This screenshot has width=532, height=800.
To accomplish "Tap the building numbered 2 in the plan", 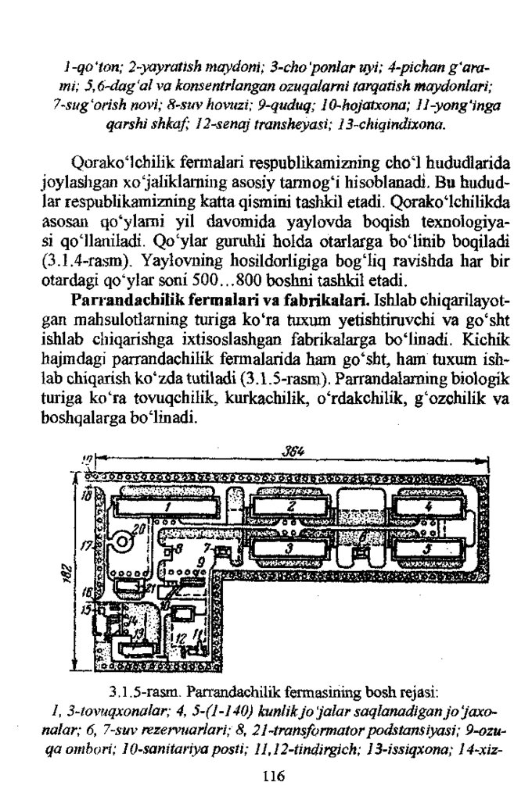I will point(289,505).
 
